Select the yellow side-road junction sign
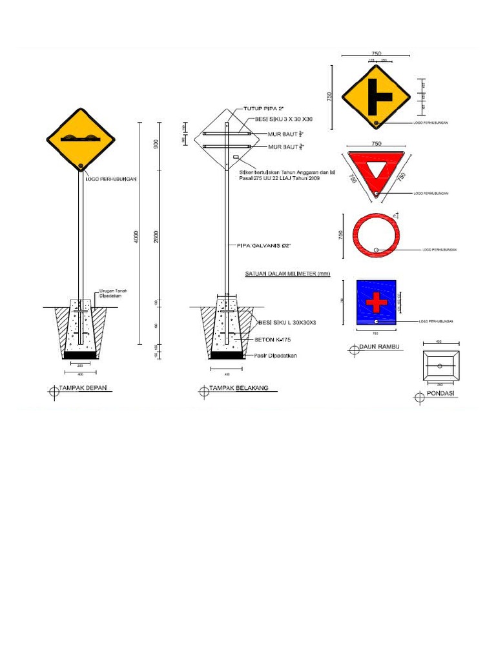point(376,97)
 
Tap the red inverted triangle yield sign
point(376,170)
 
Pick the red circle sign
point(376,234)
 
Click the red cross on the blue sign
point(375,301)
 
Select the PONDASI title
point(440,393)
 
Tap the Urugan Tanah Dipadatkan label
point(113,294)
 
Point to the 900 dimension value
point(156,144)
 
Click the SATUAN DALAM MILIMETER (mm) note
point(287,274)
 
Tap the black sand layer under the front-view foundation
point(80,355)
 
